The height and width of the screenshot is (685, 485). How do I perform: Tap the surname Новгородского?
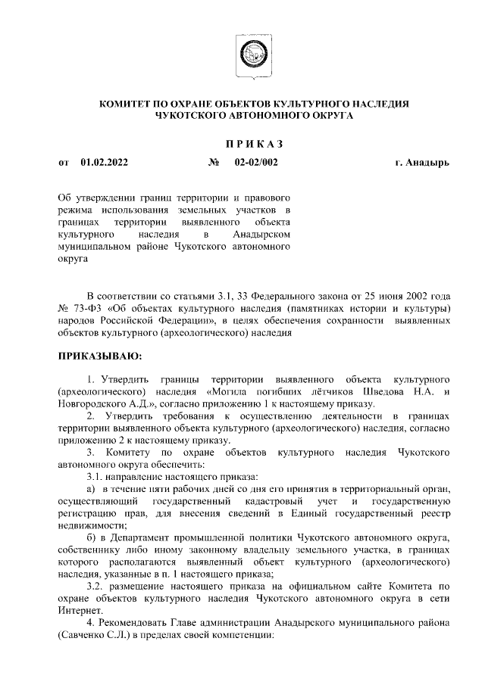point(96,404)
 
